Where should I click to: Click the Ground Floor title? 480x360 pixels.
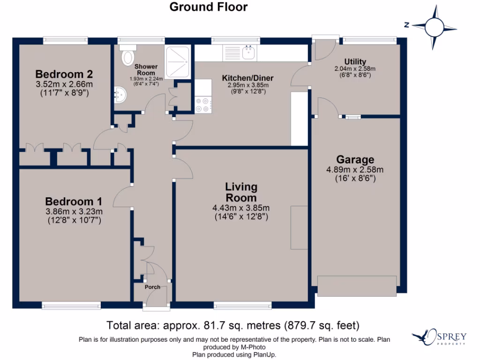click(x=209, y=7)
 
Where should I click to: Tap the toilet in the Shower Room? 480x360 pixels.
click(x=127, y=55)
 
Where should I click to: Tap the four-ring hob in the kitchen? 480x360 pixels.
click(x=202, y=105)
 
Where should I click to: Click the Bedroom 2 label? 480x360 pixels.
click(x=64, y=74)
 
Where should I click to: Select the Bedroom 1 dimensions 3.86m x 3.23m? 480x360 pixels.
click(x=74, y=211)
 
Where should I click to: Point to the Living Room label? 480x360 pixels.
click(x=241, y=192)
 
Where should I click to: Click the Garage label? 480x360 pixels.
click(x=355, y=159)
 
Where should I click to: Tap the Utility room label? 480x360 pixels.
click(x=355, y=61)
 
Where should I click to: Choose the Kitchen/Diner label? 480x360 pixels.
click(x=247, y=78)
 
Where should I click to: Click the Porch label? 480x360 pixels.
click(x=152, y=287)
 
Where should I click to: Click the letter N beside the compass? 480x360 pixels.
click(x=407, y=25)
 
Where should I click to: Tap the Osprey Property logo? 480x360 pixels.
click(x=439, y=337)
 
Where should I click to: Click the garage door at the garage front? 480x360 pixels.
click(x=357, y=286)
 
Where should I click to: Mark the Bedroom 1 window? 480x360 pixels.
click(x=71, y=305)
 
